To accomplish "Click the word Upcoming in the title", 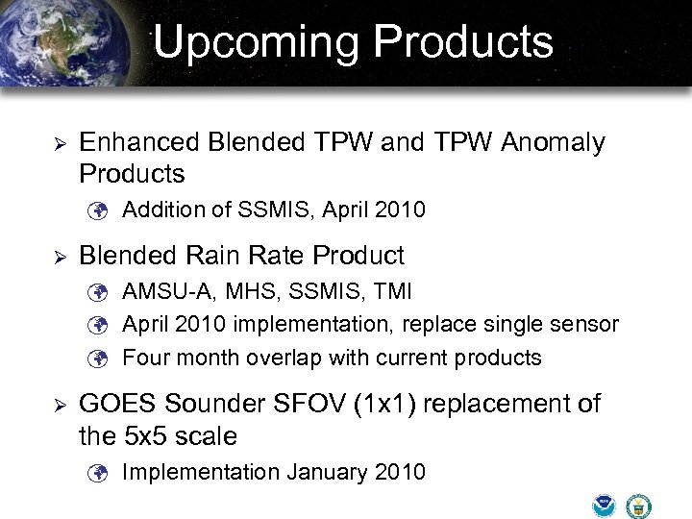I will click(x=256, y=42).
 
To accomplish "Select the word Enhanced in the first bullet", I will click(x=133, y=143).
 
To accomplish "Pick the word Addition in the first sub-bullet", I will click(x=160, y=210).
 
